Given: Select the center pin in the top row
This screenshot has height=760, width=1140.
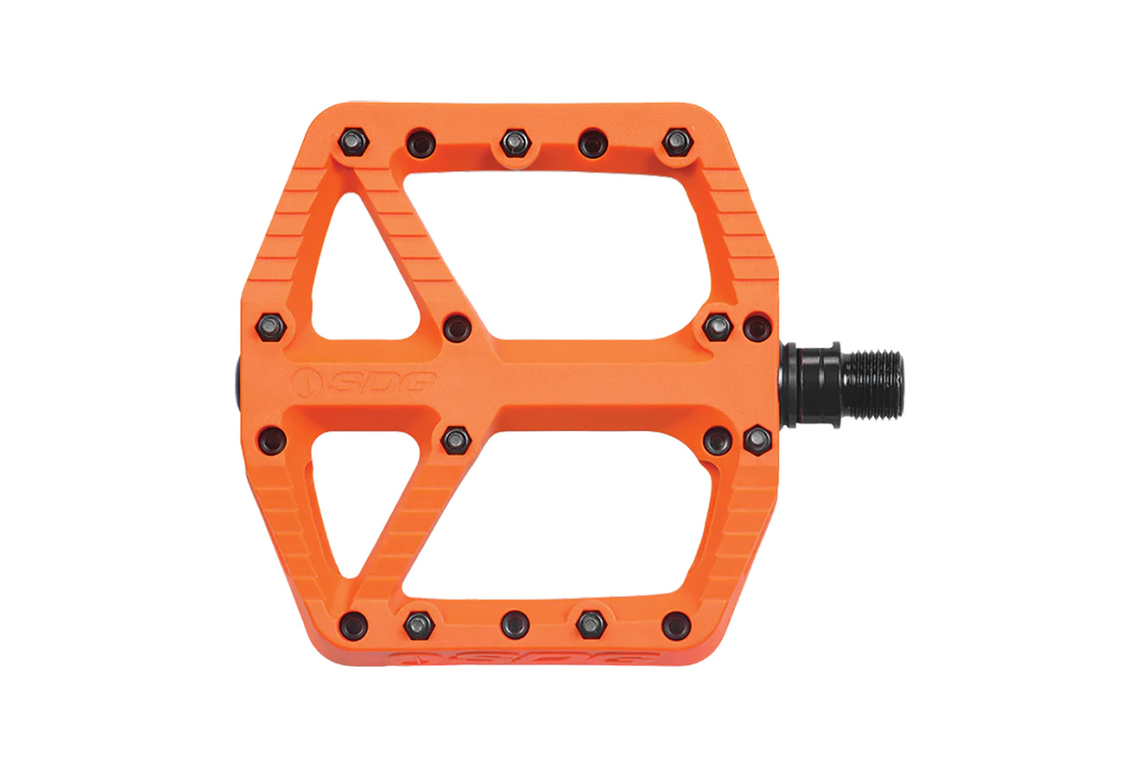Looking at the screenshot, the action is point(516,143).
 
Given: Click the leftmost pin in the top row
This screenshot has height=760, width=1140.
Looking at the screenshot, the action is point(354,142).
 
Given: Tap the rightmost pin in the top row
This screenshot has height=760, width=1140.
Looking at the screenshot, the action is point(677,142).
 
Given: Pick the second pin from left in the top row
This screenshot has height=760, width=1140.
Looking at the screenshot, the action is point(421,143).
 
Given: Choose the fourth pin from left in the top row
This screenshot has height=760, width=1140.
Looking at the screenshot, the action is point(593,143).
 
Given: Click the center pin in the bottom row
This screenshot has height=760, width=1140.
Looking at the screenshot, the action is point(515,624).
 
